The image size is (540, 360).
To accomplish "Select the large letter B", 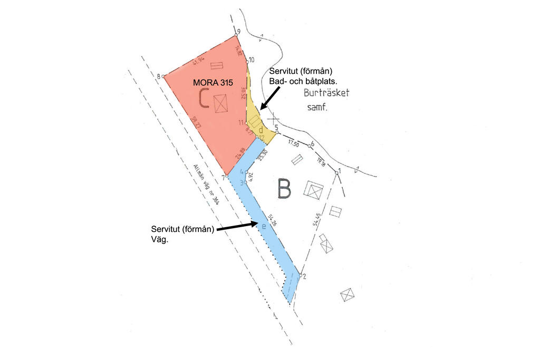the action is click(x=284, y=190).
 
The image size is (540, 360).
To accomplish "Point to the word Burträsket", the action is click(x=326, y=94).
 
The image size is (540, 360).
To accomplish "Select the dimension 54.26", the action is click(x=272, y=221).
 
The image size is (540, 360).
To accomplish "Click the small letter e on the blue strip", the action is click(x=264, y=225).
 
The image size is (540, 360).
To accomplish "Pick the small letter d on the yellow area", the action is click(x=261, y=129).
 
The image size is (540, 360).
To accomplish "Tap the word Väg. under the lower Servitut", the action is click(x=159, y=239).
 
